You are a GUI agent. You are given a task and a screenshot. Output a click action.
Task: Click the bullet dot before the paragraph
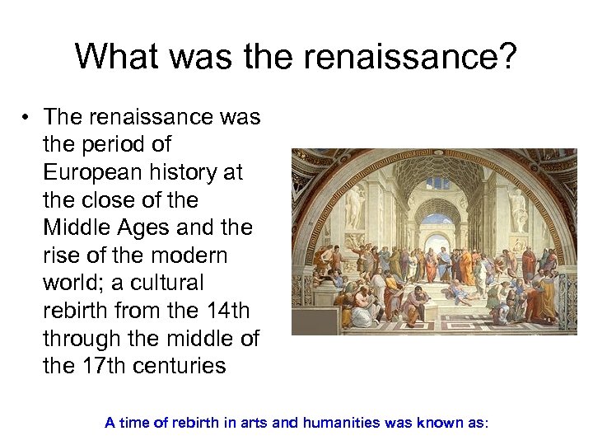point(27,118)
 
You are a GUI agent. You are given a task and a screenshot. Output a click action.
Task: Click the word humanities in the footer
point(338,423)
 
